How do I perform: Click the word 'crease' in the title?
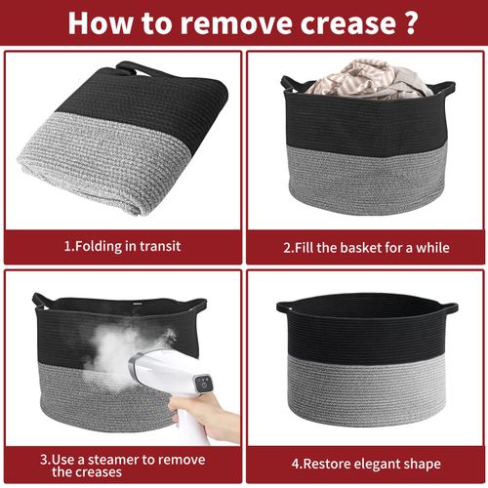coord(347,22)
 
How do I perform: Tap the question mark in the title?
coord(411,22)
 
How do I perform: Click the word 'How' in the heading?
coord(102,22)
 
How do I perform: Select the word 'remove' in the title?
coord(237,22)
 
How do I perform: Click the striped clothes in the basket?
coord(369,79)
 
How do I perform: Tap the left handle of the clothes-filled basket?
coord(289,83)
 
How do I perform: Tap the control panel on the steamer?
coord(204,383)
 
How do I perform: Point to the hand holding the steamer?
coord(205,417)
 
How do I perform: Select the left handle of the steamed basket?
coord(40,302)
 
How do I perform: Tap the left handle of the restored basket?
coord(286,307)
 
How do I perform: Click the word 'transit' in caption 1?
coord(160,246)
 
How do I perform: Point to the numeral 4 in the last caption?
coord(296,464)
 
